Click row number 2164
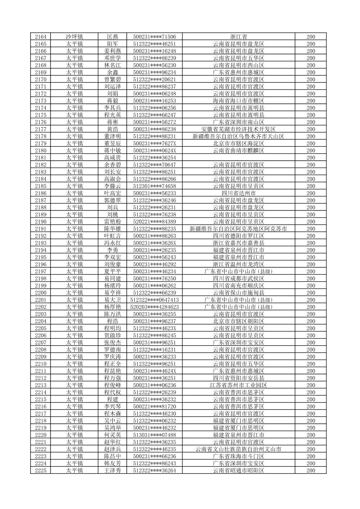tap(41, 37)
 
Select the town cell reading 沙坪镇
tap(74, 37)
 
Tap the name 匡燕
tap(112, 37)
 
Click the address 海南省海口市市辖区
tap(238, 101)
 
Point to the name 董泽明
tap(112, 136)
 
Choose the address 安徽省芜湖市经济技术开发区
tap(238, 129)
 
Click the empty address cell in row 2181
tap(238, 158)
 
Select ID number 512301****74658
tap(154, 186)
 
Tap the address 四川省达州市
tap(238, 193)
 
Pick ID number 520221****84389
tap(154, 222)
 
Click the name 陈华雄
tap(112, 229)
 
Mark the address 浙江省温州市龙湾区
tap(238, 264)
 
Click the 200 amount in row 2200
tap(310, 293)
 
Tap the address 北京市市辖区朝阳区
tap(238, 321)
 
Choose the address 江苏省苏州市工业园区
tap(238, 385)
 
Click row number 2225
tap(41, 470)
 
